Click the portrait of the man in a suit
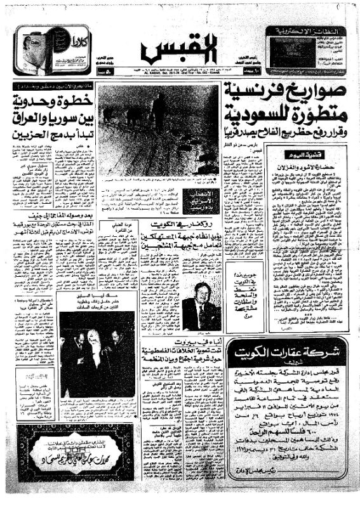point(198,304)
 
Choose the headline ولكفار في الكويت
point(184,227)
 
